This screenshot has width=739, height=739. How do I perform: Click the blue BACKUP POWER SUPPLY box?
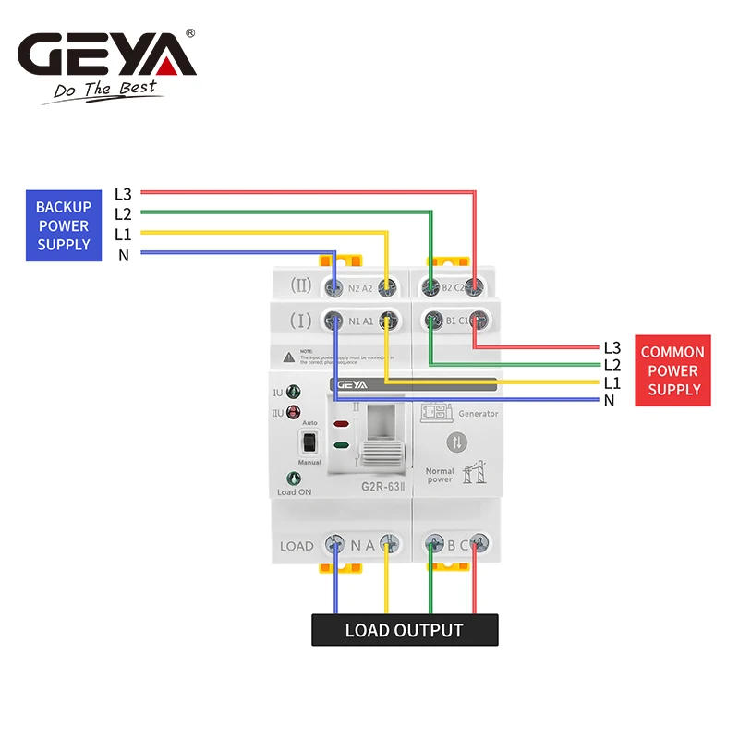click(64, 225)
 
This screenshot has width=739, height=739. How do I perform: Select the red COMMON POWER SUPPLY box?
click(673, 370)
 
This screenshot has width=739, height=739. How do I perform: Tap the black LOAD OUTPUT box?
click(404, 630)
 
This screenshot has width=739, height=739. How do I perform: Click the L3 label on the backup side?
click(123, 194)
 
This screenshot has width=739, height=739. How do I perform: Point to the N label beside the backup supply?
click(123, 255)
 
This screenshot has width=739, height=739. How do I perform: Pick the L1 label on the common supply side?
click(612, 382)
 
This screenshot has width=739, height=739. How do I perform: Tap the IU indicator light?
click(293, 393)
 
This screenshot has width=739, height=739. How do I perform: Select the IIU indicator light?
click(293, 412)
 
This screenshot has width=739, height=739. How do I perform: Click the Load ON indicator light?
click(294, 479)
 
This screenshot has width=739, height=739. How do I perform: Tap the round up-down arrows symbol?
click(457, 442)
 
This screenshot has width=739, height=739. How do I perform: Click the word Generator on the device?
click(479, 413)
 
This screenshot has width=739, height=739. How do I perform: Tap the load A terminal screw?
click(389, 544)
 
